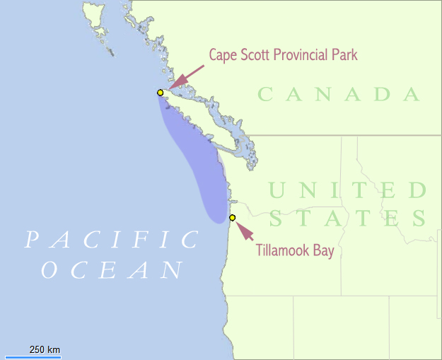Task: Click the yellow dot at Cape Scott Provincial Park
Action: tap(161, 93)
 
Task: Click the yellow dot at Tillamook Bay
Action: tap(233, 218)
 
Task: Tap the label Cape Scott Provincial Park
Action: tap(283, 55)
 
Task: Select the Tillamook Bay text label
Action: tap(295, 250)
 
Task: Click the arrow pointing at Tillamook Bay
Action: tap(243, 231)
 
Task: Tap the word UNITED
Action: tap(348, 191)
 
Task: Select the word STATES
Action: tap(348, 218)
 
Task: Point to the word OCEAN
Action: tap(113, 270)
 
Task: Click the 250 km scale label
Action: tap(44, 350)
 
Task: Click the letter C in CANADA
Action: tap(266, 95)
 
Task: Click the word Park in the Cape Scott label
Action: tap(344, 55)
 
